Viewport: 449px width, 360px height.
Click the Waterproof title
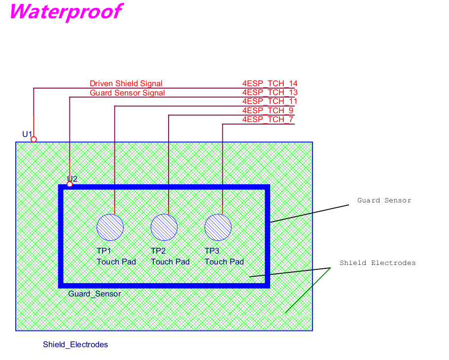pyautogui.click(x=65, y=12)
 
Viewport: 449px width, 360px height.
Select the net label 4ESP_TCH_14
pyautogui.click(x=270, y=84)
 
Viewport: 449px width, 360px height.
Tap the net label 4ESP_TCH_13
pyautogui.click(x=270, y=93)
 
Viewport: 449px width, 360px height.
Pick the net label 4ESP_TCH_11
pyautogui.click(x=270, y=101)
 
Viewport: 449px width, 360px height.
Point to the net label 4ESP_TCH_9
pyautogui.click(x=268, y=110)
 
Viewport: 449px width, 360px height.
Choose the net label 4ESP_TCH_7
pyautogui.click(x=268, y=120)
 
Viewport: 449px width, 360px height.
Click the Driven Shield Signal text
pyautogui.click(x=126, y=84)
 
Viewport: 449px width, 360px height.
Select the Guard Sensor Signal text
pyautogui.click(x=127, y=93)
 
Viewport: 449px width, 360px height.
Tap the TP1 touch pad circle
pyautogui.click(x=110, y=228)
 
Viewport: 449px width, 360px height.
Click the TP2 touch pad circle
pyautogui.click(x=164, y=228)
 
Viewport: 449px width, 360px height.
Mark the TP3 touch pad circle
pyautogui.click(x=218, y=228)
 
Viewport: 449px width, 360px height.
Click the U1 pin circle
pyautogui.click(x=34, y=139)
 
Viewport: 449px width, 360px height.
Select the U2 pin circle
pyautogui.click(x=69, y=184)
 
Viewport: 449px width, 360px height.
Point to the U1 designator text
pyautogui.click(x=27, y=134)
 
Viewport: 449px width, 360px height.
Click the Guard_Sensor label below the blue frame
pyautogui.click(x=94, y=294)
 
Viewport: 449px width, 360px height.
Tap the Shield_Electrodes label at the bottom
pyautogui.click(x=75, y=345)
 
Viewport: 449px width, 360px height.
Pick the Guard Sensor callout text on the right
pyautogui.click(x=384, y=200)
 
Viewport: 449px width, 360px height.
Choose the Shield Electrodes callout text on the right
pyautogui.click(x=378, y=263)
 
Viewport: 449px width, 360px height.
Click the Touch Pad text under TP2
pyautogui.click(x=170, y=262)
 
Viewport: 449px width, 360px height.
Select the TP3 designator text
pyautogui.click(x=212, y=251)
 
